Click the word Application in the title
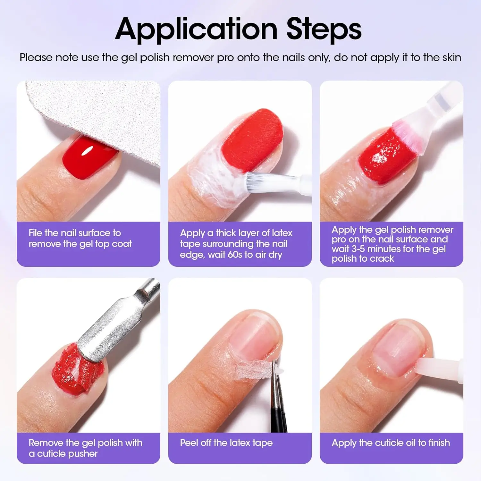pyautogui.click(x=196, y=30)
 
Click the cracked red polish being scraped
pyautogui.click(x=71, y=372)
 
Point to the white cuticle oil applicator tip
pyautogui.click(x=430, y=367)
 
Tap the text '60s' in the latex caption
pyautogui.click(x=235, y=255)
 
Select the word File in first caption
pyautogui.click(x=35, y=233)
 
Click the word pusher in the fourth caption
pyautogui.click(x=82, y=454)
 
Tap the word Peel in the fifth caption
pyautogui.click(x=189, y=443)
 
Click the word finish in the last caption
pyautogui.click(x=439, y=443)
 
